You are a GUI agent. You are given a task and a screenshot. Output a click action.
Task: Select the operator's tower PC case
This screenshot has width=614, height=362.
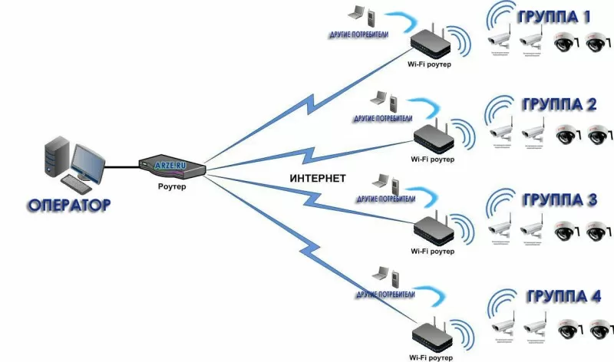click(x=58, y=161)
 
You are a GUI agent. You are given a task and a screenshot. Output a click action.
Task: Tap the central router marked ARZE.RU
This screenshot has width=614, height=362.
click(x=173, y=163)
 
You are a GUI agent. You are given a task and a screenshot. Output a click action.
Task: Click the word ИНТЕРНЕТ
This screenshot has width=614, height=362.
click(x=318, y=179)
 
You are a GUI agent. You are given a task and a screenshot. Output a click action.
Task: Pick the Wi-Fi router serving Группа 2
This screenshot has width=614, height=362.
click(x=434, y=139)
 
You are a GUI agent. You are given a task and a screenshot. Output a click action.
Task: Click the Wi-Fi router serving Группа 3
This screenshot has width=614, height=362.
click(x=434, y=229)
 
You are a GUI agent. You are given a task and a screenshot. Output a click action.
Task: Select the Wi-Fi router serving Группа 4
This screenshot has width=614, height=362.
click(x=434, y=334)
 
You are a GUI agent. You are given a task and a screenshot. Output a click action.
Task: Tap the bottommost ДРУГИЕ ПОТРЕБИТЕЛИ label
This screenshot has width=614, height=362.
click(x=386, y=294)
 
